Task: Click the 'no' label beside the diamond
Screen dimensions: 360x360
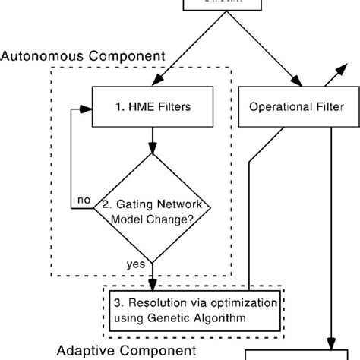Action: [83, 200]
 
